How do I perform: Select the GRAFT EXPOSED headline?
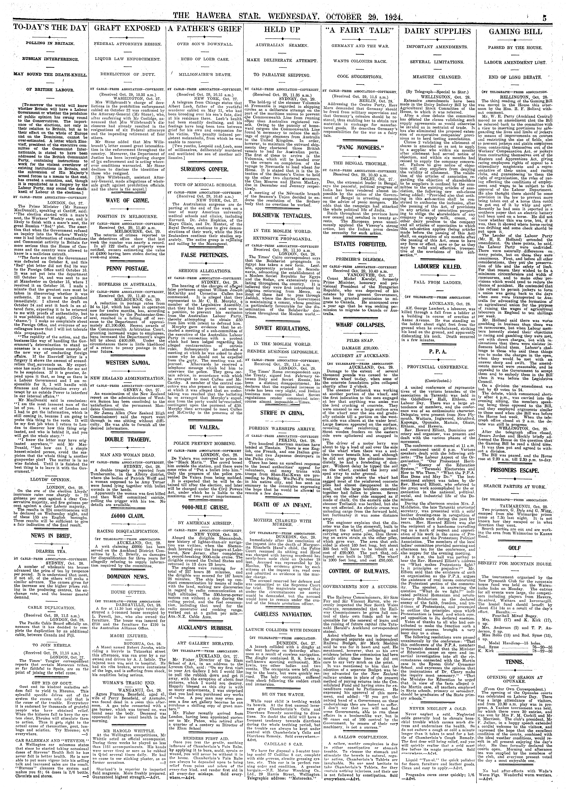click(x=127, y=29)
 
